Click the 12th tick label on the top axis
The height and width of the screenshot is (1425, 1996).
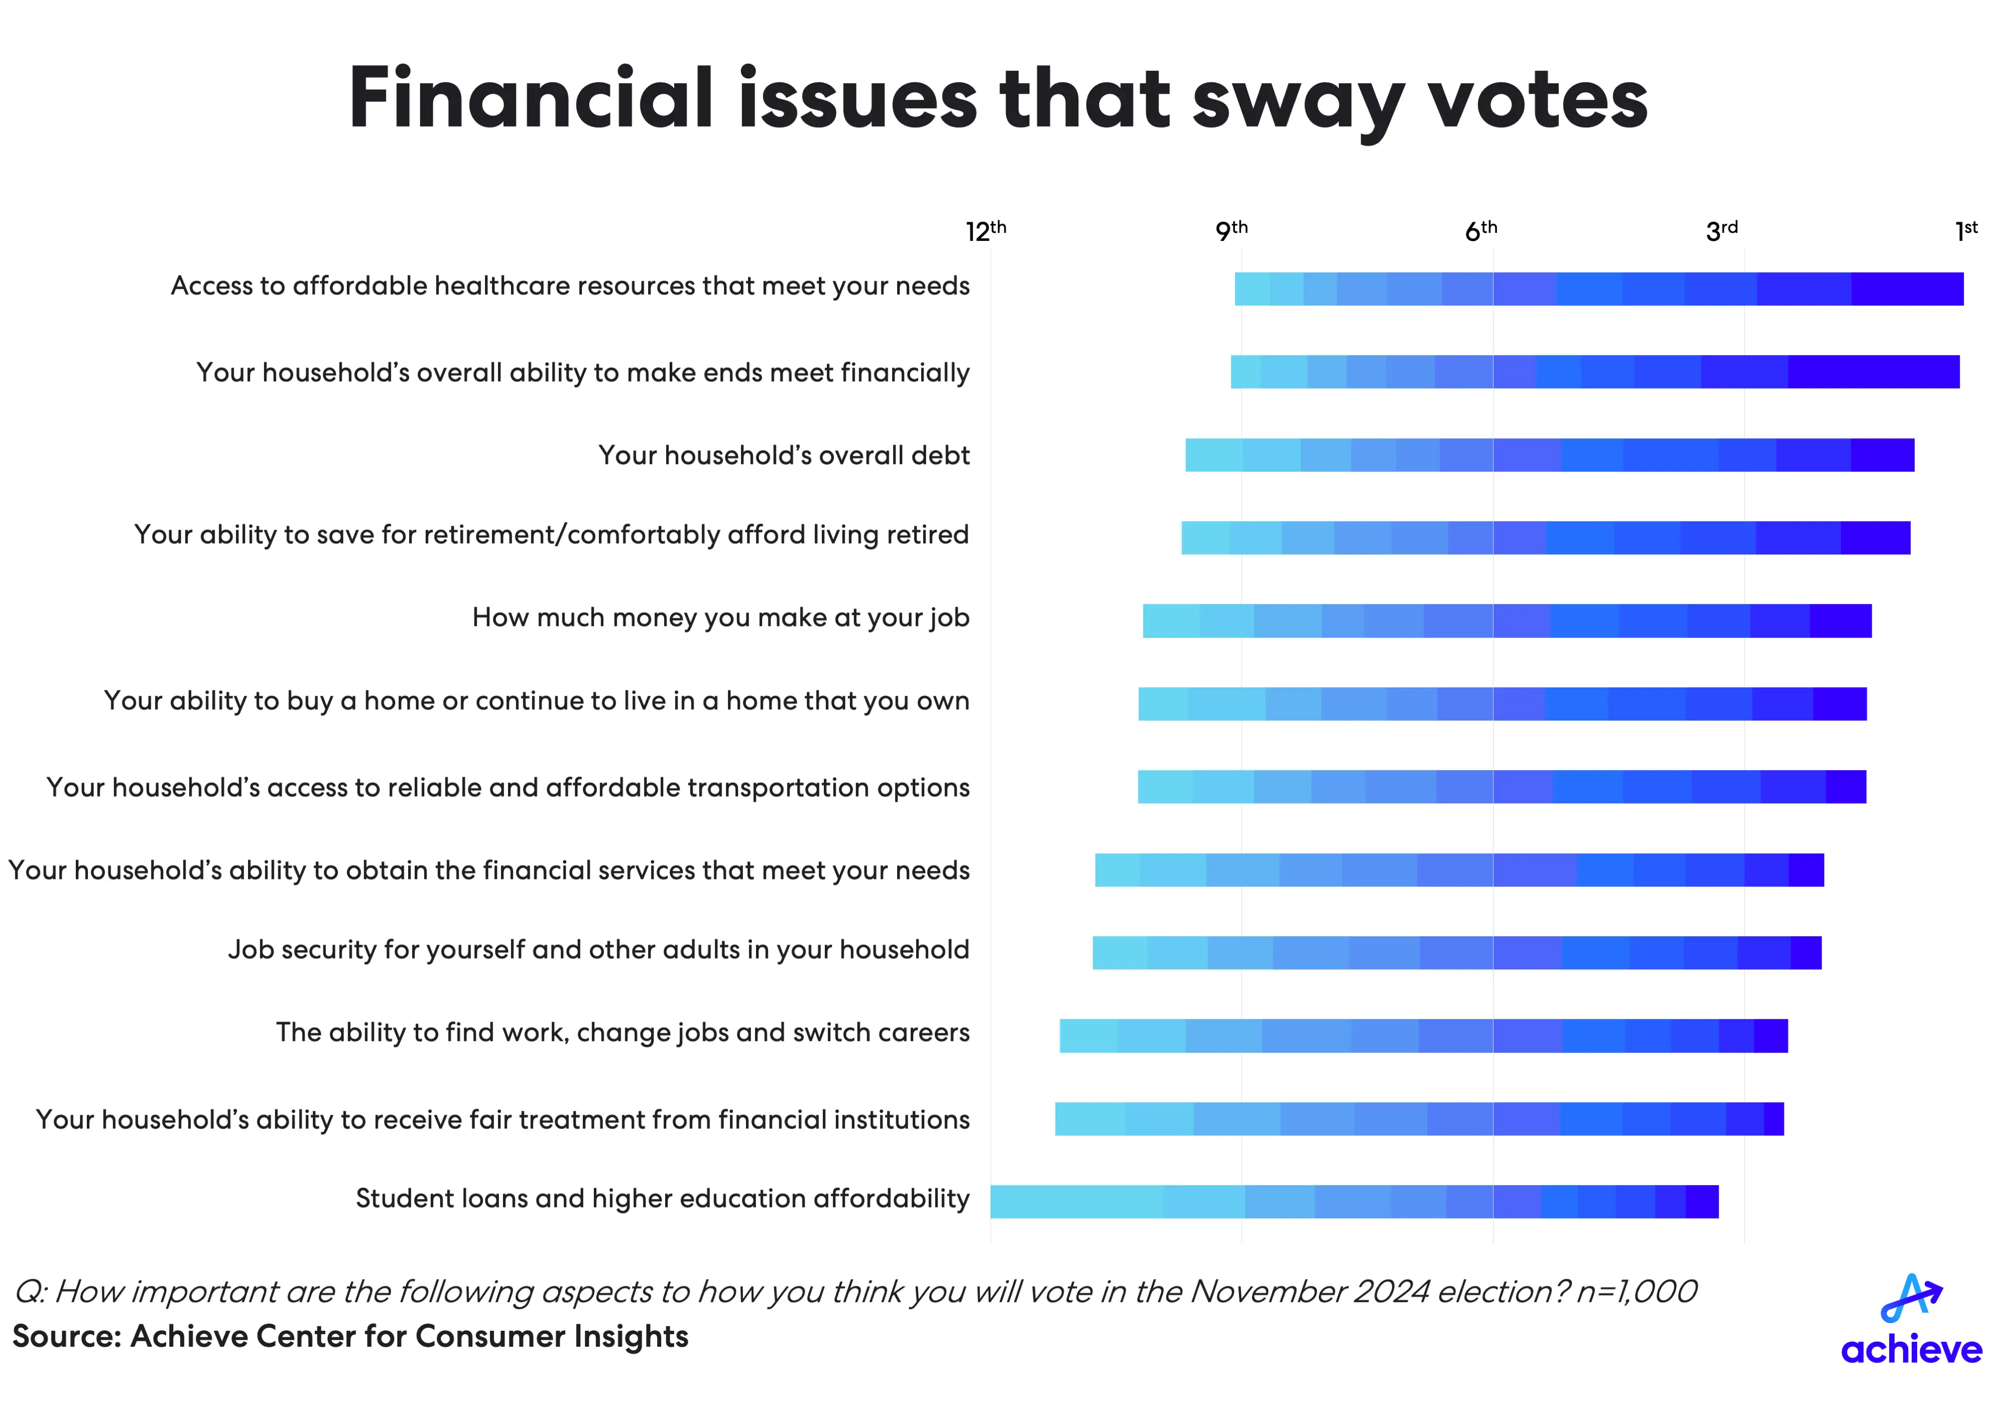click(x=986, y=231)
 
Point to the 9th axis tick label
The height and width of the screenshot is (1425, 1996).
click(x=1231, y=231)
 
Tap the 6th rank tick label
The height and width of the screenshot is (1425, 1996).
click(x=1481, y=231)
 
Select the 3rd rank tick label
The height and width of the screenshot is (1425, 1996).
click(x=1721, y=231)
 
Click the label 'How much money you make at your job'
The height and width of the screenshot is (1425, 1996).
click(x=721, y=618)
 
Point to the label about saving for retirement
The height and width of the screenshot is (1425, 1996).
click(x=551, y=534)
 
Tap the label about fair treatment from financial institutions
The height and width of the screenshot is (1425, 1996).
click(x=503, y=1120)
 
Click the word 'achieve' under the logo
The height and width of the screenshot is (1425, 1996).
click(x=1911, y=1350)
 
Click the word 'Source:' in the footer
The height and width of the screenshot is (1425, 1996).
click(x=67, y=1336)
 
